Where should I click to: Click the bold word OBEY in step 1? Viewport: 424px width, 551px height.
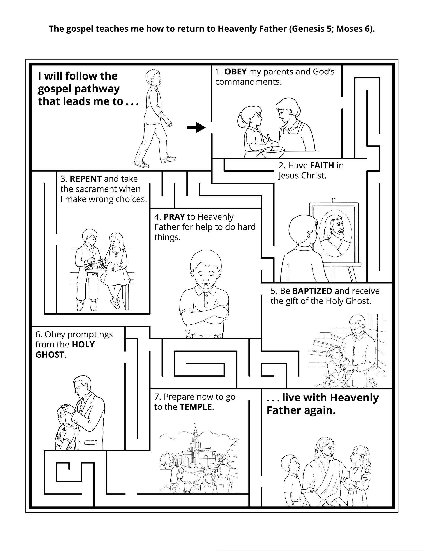pyautogui.click(x=235, y=72)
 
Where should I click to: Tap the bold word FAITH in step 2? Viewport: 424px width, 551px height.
pyautogui.click(x=322, y=166)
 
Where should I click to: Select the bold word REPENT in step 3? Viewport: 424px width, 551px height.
pyautogui.click(x=86, y=179)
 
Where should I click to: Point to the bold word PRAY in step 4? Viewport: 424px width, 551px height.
pyautogui.click(x=174, y=217)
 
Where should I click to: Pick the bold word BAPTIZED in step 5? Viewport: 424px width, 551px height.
pyautogui.click(x=312, y=291)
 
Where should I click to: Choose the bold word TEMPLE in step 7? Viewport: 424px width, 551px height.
pyautogui.click(x=196, y=407)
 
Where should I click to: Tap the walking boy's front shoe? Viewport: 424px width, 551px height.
pyautogui.click(x=169, y=159)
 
